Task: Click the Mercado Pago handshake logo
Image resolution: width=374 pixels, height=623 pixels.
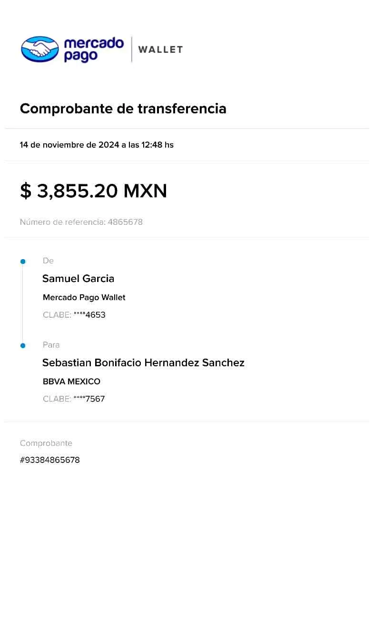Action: [40, 49]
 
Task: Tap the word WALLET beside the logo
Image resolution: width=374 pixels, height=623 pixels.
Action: [161, 50]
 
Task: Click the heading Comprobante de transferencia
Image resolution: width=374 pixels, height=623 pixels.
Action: [123, 109]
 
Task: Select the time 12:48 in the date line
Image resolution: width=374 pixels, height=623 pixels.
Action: [152, 145]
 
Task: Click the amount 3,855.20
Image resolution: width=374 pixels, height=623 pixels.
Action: [77, 191]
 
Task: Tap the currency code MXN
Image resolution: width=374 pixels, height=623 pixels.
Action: [145, 191]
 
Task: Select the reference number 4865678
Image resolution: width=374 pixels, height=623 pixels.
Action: [125, 222]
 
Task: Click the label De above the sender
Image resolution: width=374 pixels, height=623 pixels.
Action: [48, 261]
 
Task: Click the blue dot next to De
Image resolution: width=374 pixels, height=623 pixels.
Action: [23, 261]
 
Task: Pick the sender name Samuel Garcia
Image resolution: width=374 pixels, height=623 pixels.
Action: [79, 279]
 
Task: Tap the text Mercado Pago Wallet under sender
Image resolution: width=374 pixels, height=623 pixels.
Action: [84, 298]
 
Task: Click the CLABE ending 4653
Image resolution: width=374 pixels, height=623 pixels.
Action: [74, 315]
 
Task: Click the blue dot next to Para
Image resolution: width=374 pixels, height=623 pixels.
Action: [23, 346]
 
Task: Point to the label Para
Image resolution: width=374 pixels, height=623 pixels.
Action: [51, 345]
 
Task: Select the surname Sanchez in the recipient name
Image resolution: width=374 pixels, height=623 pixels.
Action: [223, 362]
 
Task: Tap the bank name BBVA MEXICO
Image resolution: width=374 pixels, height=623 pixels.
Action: [71, 382]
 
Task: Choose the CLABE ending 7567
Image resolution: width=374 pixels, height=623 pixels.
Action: [74, 399]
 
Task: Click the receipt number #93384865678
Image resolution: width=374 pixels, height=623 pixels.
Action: [50, 460]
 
